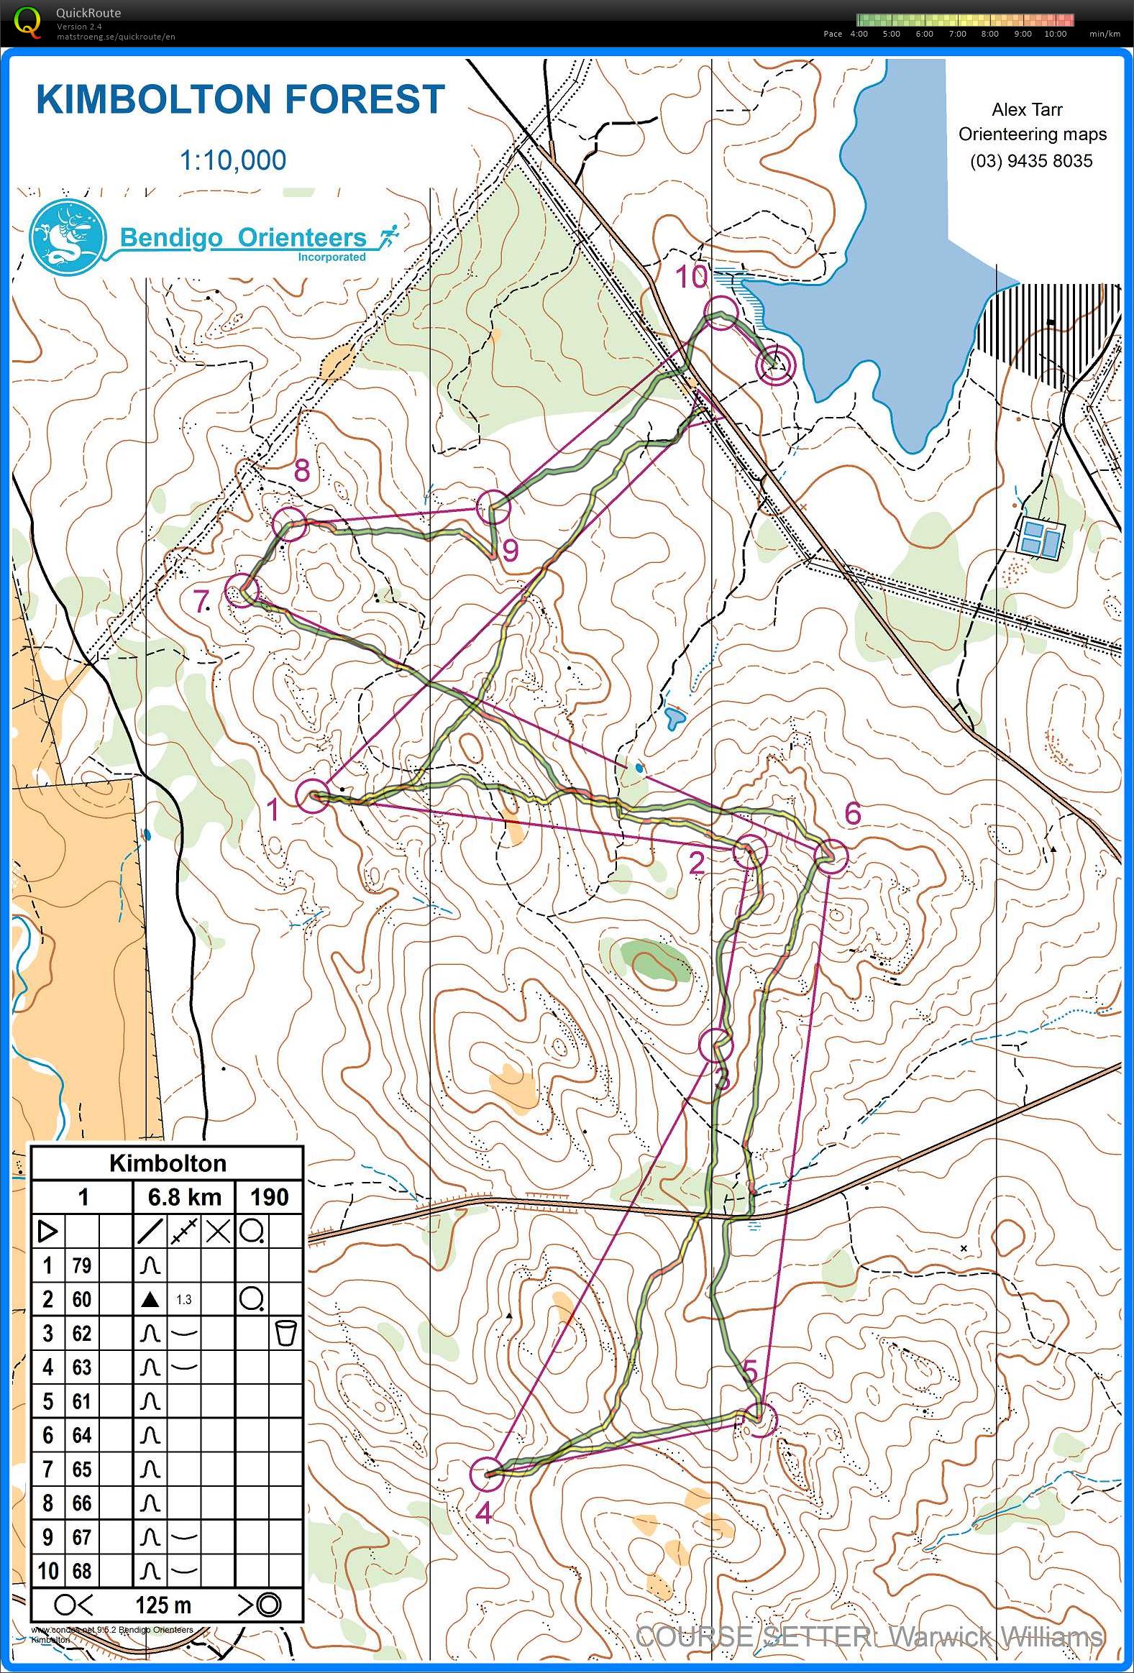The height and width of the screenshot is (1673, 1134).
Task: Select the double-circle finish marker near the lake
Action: [774, 366]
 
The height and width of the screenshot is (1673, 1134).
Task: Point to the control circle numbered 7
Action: [242, 591]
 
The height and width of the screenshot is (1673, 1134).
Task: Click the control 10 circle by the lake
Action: [721, 313]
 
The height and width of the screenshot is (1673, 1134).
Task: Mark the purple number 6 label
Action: [853, 814]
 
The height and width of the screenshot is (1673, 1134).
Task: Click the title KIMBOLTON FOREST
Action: [240, 99]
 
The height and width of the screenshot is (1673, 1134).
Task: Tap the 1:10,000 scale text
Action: [232, 160]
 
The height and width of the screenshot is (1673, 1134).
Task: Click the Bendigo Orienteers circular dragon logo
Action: [68, 238]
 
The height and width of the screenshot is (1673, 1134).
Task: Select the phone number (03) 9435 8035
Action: [1031, 160]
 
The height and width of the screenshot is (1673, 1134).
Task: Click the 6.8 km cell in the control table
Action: [184, 1197]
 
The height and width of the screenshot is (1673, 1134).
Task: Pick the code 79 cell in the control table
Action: [81, 1265]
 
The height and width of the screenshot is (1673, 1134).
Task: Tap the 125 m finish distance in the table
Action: [163, 1605]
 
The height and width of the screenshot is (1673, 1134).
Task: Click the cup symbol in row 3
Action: [286, 1333]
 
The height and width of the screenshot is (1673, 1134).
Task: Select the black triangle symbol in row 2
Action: [150, 1299]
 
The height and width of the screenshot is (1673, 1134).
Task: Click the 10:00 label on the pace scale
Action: [1055, 34]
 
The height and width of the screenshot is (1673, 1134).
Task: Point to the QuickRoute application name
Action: [88, 12]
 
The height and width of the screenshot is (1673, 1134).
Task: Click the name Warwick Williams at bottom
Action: [995, 1636]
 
